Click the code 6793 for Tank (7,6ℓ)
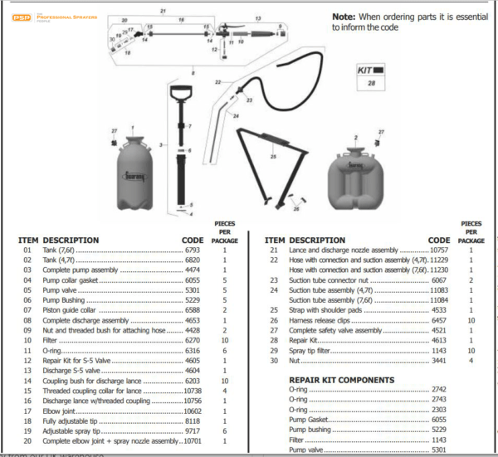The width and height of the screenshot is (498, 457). [193, 250]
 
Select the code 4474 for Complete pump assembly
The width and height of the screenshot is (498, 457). [193, 270]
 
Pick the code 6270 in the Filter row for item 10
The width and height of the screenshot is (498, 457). [193, 339]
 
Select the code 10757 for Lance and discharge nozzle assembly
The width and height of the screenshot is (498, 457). [438, 250]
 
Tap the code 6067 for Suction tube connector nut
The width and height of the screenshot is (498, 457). [441, 280]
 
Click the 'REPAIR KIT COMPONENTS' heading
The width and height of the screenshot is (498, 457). [340, 380]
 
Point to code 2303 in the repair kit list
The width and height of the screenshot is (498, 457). [441, 409]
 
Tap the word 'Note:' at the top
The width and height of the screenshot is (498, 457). [344, 17]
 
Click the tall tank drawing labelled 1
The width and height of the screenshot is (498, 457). [134, 172]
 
